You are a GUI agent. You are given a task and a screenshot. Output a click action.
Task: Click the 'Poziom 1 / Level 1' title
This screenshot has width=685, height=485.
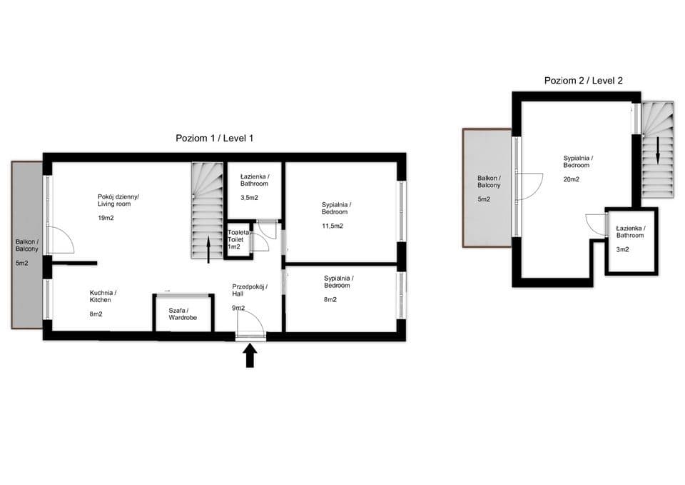215,138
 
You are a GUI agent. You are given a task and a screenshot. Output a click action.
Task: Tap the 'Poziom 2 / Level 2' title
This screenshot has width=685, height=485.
583,81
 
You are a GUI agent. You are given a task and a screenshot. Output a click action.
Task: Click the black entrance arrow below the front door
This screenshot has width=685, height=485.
250,355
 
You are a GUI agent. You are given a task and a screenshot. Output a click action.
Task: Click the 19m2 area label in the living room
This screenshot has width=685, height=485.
106,218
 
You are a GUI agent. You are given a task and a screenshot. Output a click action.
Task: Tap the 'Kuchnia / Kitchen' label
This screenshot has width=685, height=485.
103,296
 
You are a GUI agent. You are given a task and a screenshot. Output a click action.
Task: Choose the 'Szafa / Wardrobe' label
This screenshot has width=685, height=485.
183,314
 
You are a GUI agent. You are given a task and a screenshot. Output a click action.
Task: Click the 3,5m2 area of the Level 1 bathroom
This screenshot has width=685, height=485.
249,198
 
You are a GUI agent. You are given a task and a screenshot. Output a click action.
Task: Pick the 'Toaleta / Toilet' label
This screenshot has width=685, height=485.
238,236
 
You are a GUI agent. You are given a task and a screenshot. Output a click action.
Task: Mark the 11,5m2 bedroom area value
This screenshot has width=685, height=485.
333,226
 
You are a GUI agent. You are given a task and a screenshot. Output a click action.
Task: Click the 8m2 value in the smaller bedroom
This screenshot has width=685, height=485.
330,299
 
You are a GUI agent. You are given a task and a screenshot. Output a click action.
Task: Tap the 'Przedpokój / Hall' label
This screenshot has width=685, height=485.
250,290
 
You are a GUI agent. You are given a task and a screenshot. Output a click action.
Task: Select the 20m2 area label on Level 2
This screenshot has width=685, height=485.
572,179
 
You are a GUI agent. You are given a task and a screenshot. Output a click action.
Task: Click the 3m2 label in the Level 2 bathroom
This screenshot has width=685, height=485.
622,250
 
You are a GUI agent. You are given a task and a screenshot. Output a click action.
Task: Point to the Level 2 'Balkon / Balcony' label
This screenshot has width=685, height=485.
489,181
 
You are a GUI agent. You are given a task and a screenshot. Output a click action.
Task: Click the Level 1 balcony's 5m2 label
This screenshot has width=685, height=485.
22,264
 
